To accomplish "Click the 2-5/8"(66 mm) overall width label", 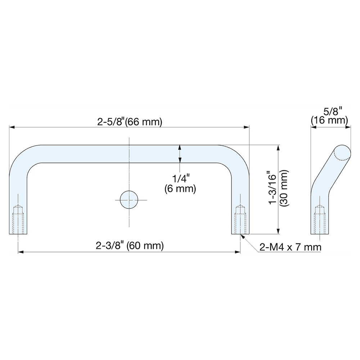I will pyautogui.click(x=130, y=122).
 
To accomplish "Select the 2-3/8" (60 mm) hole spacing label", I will pyautogui.click(x=130, y=246).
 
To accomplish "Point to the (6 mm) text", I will pyautogui.click(x=180, y=188).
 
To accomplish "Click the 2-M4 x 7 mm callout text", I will pyautogui.click(x=290, y=248).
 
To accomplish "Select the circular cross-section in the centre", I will pyautogui.click(x=129, y=200).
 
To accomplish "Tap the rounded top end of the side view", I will pyautogui.click(x=342, y=152).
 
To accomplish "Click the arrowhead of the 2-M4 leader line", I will pyautogui.click(x=242, y=236).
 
